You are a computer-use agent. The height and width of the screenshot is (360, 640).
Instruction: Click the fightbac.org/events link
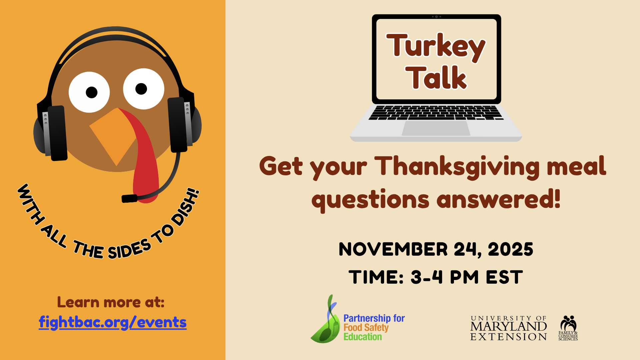[113, 322]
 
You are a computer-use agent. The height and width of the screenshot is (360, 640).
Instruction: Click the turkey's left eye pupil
[92, 92]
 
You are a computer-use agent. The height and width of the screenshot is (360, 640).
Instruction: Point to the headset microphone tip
[129, 199]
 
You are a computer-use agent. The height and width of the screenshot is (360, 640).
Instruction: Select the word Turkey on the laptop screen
[436, 47]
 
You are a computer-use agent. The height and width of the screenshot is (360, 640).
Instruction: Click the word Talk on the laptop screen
[436, 78]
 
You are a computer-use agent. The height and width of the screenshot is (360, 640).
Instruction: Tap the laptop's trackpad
[436, 128]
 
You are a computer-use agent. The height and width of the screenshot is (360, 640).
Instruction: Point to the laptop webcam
[436, 16]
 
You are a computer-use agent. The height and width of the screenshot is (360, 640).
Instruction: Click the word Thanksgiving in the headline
[457, 166]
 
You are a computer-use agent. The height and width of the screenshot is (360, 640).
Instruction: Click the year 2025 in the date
[510, 249]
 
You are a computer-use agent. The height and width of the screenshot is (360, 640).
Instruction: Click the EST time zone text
[504, 277]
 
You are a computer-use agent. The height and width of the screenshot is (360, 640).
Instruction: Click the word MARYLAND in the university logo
[508, 326]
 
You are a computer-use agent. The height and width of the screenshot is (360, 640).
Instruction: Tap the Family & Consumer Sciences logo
[568, 328]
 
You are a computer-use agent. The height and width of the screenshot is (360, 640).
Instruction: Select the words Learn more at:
[111, 302]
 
